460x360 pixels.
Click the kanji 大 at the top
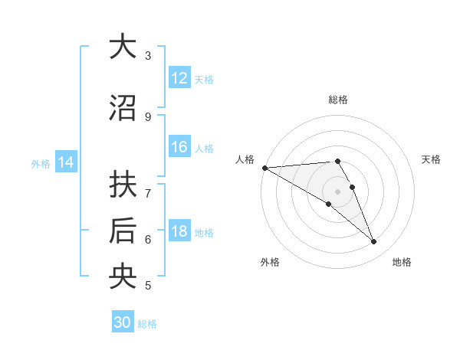[x=122, y=47]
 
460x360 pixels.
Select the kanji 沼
[x=122, y=108]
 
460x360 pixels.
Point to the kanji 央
[x=122, y=277]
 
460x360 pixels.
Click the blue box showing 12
[x=179, y=78]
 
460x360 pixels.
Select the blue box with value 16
[x=179, y=147]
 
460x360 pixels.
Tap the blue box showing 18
[x=179, y=231]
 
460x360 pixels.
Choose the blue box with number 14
[x=66, y=162]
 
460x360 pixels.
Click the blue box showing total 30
[x=123, y=322]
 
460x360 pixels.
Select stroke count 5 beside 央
[x=148, y=286]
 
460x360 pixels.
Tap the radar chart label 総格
[x=337, y=100]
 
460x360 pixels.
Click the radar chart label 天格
[x=431, y=159]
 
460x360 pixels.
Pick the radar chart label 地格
[x=402, y=262]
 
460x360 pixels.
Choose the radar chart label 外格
[x=270, y=262]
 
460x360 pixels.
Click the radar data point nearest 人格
[x=264, y=168]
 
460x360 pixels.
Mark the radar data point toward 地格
[x=374, y=242]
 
